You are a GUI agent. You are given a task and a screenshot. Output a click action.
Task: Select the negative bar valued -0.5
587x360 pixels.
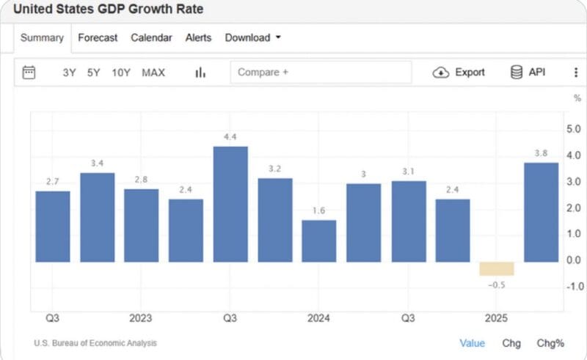coord(497,268)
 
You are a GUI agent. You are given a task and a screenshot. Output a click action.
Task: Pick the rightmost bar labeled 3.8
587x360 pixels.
coord(541,212)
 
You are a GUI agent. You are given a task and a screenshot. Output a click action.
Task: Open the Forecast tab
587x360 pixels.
coord(98,37)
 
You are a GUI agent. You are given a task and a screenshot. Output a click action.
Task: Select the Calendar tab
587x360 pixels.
coord(151,37)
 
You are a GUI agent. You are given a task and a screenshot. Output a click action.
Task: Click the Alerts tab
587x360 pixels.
coord(198,37)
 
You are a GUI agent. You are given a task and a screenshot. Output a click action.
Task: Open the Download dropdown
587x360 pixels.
coord(252,37)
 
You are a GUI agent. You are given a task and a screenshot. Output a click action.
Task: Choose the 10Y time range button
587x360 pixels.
coord(121,73)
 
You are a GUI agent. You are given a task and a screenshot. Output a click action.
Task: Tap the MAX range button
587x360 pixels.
coord(153,73)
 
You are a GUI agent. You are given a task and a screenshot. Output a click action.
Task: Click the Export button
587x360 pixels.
coord(459,72)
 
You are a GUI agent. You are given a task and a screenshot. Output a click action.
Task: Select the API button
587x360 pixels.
coord(528,72)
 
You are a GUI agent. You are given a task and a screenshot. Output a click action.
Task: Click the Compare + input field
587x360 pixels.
coord(321,72)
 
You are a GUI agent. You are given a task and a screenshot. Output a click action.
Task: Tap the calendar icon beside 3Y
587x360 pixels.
coord(29,72)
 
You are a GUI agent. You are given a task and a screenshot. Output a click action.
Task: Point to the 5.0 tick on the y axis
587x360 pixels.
coord(574,129)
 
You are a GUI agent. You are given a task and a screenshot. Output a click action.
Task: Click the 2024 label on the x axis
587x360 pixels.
coord(318,318)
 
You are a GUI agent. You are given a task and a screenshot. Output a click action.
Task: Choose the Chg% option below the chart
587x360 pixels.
coord(550,342)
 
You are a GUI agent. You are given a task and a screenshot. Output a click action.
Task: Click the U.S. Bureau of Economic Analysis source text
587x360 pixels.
coord(95,343)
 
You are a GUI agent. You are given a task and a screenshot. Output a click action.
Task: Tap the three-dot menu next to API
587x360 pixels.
coord(575,72)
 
